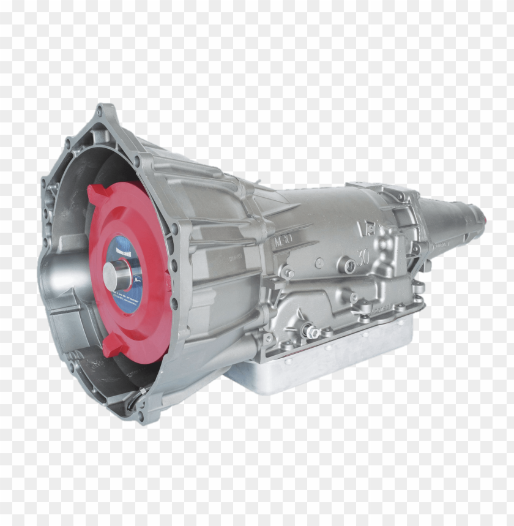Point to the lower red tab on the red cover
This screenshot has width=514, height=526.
pos(114,346)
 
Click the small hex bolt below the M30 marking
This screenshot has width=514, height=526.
pos(288,273)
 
